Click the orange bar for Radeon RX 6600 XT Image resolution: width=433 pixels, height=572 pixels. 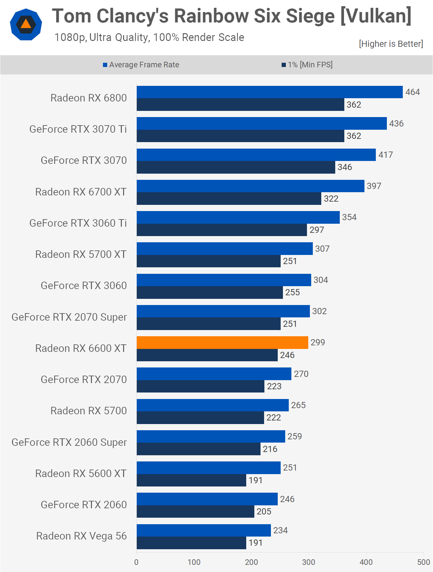(223, 342)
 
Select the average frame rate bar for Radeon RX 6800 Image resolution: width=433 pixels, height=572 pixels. (270, 92)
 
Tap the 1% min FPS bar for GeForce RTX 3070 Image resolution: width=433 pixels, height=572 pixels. (236, 167)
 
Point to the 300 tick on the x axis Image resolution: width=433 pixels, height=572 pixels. (309, 562)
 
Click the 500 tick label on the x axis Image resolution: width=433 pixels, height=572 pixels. (424, 562)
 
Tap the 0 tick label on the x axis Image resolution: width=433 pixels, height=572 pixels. (136, 562)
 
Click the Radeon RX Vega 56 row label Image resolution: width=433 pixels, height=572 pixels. (81, 536)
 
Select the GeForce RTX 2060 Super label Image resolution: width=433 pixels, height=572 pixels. (69, 442)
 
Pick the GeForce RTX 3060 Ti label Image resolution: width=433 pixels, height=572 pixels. (78, 223)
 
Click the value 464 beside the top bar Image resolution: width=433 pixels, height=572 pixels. (413, 92)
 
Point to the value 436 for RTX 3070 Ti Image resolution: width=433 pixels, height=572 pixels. (396, 124)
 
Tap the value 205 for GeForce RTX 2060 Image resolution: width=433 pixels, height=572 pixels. (264, 512)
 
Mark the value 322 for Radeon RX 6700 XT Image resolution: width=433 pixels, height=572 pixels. (331, 199)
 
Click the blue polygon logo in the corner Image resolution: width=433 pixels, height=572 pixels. (26, 24)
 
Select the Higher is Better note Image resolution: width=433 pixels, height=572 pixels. (391, 44)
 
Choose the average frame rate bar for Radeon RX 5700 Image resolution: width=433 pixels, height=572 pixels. (213, 405)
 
